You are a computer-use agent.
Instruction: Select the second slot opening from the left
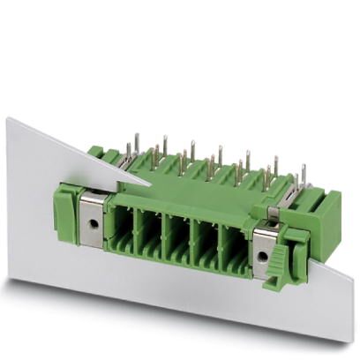pyautogui.click(x=151, y=229)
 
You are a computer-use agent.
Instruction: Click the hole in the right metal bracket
pyautogui.click(x=264, y=256)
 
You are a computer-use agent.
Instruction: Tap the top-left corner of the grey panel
pyautogui.click(x=9, y=117)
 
